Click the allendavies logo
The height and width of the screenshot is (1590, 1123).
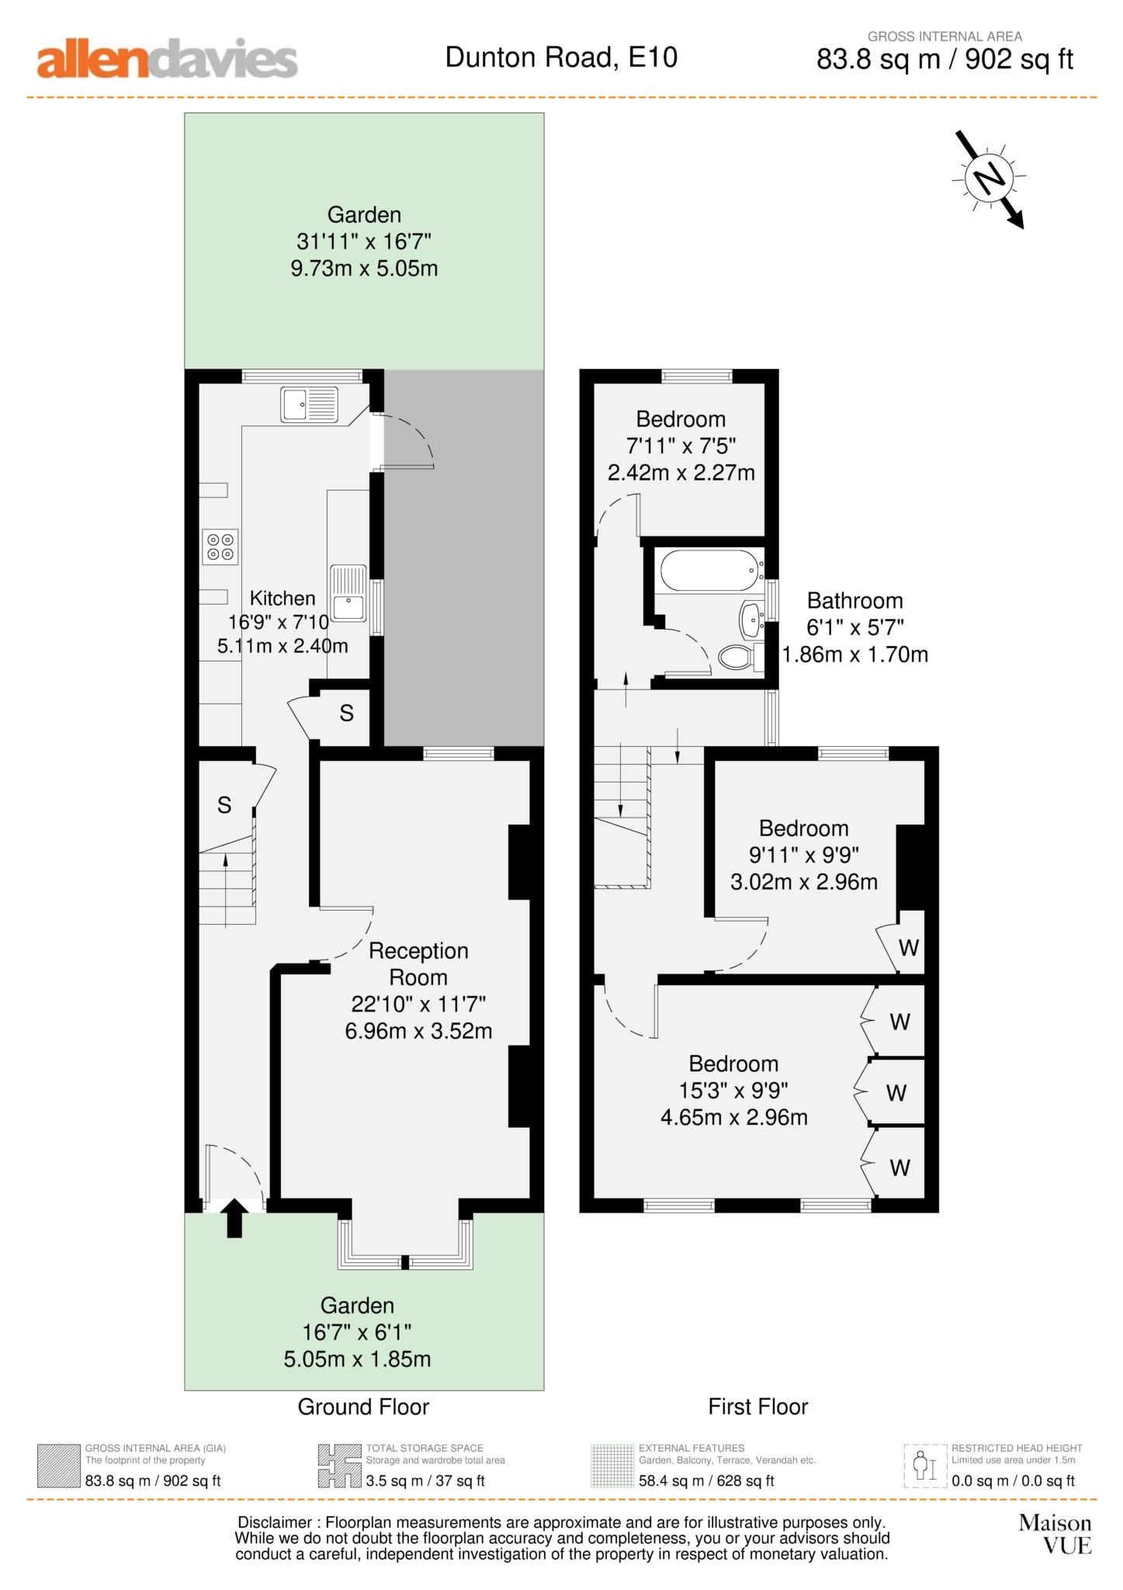pyautogui.click(x=167, y=60)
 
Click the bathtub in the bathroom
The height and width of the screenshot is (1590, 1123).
pyautogui.click(x=708, y=571)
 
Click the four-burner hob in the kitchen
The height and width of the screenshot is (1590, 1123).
pyautogui.click(x=220, y=547)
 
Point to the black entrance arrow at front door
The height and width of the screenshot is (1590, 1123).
pyautogui.click(x=234, y=1217)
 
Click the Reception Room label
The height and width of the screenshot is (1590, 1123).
pyautogui.click(x=418, y=963)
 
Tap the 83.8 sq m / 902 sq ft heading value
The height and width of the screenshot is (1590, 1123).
pyautogui.click(x=944, y=60)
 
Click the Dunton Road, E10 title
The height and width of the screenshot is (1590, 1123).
pyautogui.click(x=561, y=57)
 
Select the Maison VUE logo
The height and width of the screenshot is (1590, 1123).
pyautogui.click(x=1055, y=1534)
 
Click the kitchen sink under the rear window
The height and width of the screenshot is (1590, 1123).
pyautogui.click(x=310, y=404)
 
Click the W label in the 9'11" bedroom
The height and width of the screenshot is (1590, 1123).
pyautogui.click(x=908, y=948)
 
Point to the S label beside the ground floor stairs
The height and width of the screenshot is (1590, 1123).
pyautogui.click(x=224, y=805)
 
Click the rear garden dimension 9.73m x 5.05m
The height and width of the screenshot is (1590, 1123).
pyautogui.click(x=364, y=269)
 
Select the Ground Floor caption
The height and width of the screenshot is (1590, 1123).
pyautogui.click(x=363, y=1407)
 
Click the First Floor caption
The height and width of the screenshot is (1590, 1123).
pyautogui.click(x=757, y=1407)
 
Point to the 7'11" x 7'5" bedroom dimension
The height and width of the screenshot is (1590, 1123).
pyautogui.click(x=681, y=446)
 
